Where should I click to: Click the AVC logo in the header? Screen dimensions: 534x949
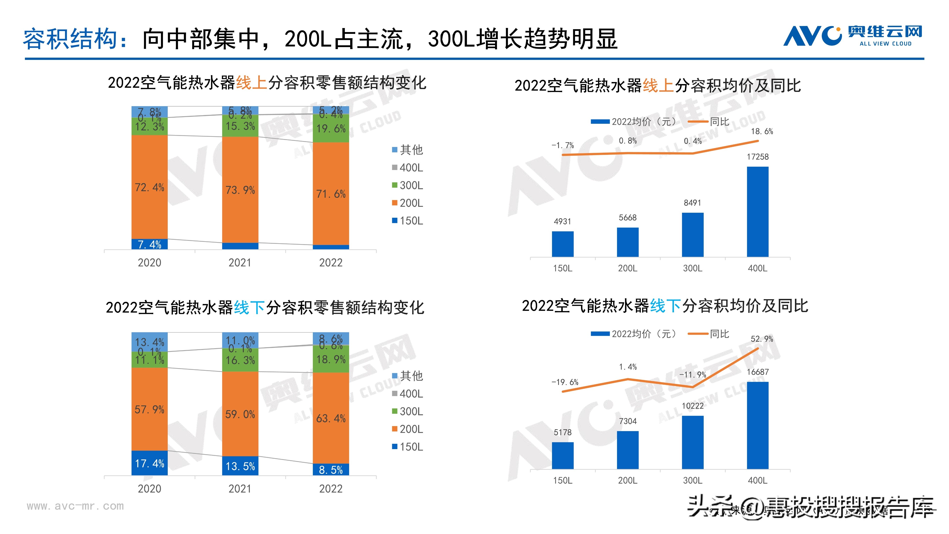[852, 36]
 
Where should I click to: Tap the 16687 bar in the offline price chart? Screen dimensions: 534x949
[758, 425]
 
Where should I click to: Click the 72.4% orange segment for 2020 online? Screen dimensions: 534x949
[149, 187]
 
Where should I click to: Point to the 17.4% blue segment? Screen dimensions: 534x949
[149, 463]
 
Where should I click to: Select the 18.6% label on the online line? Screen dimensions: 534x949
[762, 131]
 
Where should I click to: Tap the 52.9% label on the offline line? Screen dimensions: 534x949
[762, 339]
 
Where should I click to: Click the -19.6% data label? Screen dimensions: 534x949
[565, 382]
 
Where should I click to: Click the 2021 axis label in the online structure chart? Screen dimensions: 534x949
[240, 263]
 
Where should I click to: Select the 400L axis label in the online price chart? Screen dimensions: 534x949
[758, 268]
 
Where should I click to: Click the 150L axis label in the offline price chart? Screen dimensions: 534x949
[563, 481]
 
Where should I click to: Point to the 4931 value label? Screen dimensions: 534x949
[563, 221]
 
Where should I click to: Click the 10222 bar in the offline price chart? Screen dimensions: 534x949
[693, 442]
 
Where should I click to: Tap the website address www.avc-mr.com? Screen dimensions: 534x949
[75, 506]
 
